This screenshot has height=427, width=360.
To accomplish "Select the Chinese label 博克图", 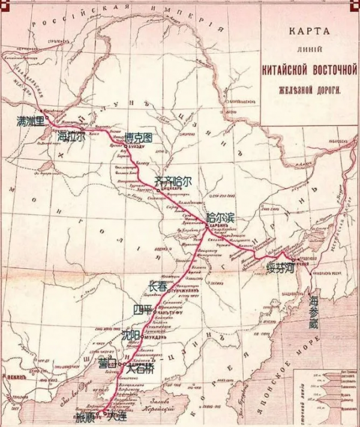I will tap(139, 137).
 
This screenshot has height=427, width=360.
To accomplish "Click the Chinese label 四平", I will tap(143, 310).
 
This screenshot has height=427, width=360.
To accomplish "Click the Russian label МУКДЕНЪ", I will tap(158, 337).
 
